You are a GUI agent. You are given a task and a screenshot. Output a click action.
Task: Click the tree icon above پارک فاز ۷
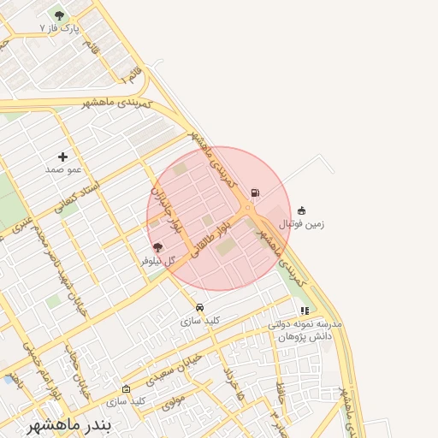[x=59, y=15]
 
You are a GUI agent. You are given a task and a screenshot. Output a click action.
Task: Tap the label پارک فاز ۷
[x=59, y=28]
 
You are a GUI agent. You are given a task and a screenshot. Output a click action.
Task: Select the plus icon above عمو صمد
[x=62, y=157]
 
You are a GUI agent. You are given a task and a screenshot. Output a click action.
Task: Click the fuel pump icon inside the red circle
[x=255, y=192]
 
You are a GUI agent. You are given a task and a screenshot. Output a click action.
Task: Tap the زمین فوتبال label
[x=302, y=223]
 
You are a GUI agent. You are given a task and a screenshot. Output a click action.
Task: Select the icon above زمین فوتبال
[x=301, y=210]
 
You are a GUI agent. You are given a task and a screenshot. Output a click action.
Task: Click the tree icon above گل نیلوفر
[x=157, y=247]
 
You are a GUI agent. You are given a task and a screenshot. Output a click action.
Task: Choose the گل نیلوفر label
[x=158, y=260]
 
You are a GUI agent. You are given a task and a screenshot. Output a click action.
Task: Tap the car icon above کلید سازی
[x=199, y=307]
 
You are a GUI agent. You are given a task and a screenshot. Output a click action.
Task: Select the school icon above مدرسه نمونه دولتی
[x=305, y=311]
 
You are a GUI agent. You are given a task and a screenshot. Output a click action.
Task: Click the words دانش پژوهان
[x=305, y=337]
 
